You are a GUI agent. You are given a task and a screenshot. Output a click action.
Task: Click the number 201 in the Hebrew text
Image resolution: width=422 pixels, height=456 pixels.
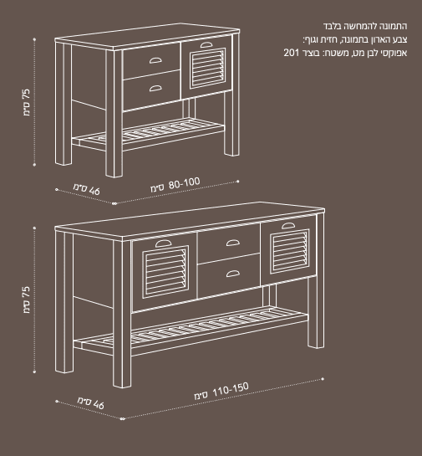292,53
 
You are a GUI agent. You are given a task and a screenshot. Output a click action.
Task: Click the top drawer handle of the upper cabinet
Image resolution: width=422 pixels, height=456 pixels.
155,60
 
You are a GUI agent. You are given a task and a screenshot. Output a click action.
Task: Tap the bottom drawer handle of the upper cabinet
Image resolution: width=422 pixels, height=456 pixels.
155,88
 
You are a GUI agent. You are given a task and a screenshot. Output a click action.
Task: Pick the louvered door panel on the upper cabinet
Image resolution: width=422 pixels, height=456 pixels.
207,69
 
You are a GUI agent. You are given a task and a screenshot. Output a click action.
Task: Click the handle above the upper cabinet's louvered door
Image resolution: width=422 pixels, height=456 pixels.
206,44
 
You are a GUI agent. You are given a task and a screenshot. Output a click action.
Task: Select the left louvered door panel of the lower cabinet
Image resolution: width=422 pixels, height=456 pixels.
165,272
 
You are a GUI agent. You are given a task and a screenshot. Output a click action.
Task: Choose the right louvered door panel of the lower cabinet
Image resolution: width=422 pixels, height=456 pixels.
290,252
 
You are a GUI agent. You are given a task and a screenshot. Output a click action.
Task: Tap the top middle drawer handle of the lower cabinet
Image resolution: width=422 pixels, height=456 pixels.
233,243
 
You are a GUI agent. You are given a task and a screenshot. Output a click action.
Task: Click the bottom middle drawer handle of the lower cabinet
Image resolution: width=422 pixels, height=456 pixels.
233,274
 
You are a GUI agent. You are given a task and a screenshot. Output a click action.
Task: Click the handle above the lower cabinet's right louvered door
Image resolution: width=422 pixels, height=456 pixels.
288,225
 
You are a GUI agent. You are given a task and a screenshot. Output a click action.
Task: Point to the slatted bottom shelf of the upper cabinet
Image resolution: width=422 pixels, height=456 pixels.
148,135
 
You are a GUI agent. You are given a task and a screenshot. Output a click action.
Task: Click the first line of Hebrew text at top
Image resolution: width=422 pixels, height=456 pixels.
365,26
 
